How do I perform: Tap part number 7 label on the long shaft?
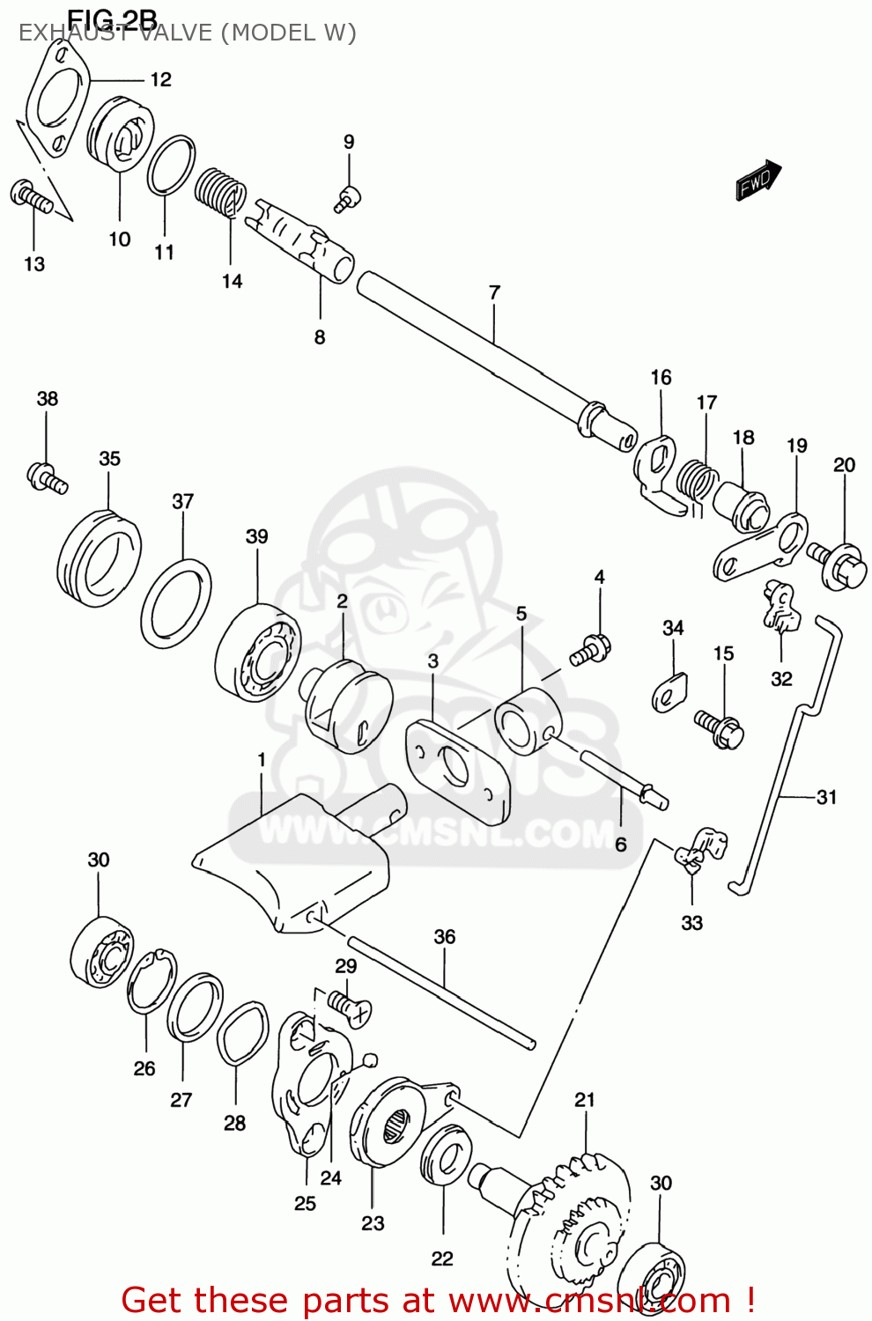click(x=494, y=292)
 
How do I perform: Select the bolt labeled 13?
click(x=32, y=196)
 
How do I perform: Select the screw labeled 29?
click(x=349, y=1007)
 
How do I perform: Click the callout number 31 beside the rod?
click(x=826, y=797)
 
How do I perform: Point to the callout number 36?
click(x=445, y=937)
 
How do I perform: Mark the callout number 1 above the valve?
click(x=262, y=759)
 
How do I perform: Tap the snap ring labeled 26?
click(x=151, y=982)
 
